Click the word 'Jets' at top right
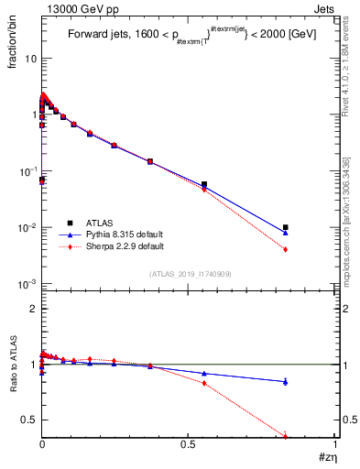pyautogui.click(x=325, y=8)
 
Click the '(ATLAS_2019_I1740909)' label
pyautogui.click(x=190, y=274)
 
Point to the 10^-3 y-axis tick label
pyautogui.click(x=27, y=284)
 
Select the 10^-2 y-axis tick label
pyautogui.click(x=27, y=227)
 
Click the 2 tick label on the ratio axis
pyautogui.click(x=33, y=309)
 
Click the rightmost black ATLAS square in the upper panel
pyautogui.click(x=286, y=227)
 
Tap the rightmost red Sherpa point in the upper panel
pyautogui.click(x=286, y=249)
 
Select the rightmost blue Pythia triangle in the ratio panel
pyautogui.click(x=286, y=381)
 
